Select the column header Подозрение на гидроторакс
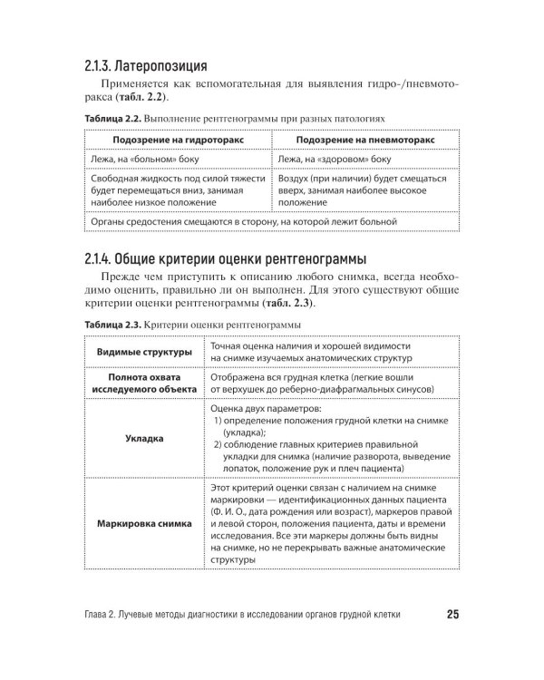(x=178, y=141)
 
